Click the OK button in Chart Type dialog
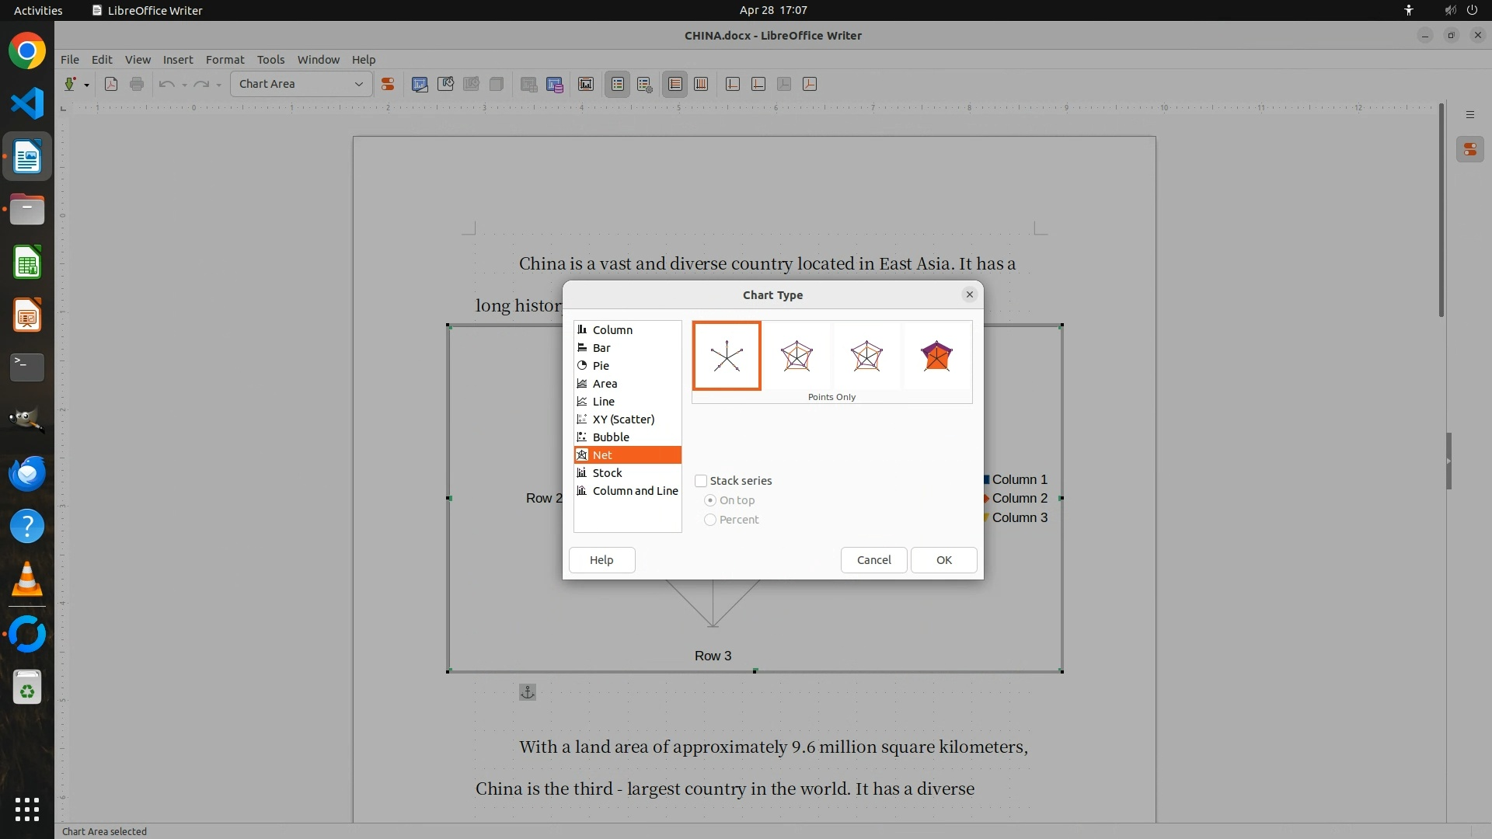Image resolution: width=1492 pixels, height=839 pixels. [x=943, y=560]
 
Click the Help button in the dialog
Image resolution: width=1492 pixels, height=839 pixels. [x=601, y=560]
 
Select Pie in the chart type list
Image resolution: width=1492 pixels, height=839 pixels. [x=601, y=366]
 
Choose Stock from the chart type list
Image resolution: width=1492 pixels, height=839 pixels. [x=607, y=473]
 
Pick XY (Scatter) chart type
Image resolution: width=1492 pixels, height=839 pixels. [x=623, y=419]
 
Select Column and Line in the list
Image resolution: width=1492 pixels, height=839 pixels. [x=635, y=491]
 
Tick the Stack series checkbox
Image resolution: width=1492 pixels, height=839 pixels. [x=701, y=481]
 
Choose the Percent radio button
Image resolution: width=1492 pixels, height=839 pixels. [x=710, y=520]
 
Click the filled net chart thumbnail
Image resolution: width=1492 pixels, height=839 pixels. [x=936, y=356]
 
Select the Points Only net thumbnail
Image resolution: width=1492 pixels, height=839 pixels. [x=727, y=356]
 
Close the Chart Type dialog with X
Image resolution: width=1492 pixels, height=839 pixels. [x=969, y=294]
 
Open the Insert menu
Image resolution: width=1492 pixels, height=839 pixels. [x=178, y=60]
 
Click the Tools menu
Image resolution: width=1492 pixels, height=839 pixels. [x=270, y=60]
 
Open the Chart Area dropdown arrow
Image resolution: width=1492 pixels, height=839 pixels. [x=359, y=84]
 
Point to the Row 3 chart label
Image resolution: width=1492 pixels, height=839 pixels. [x=713, y=656]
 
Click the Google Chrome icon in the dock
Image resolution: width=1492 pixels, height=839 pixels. [x=27, y=51]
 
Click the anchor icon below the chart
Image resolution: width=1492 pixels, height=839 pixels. [x=528, y=692]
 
